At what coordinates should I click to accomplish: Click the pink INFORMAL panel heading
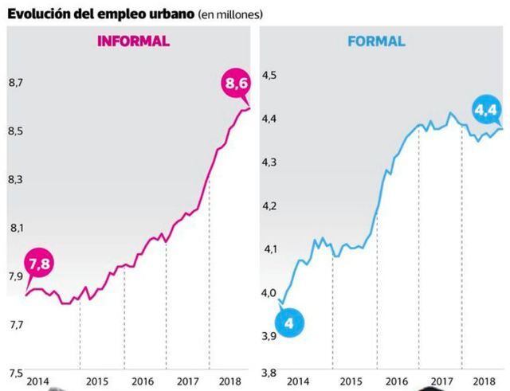click(133, 42)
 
